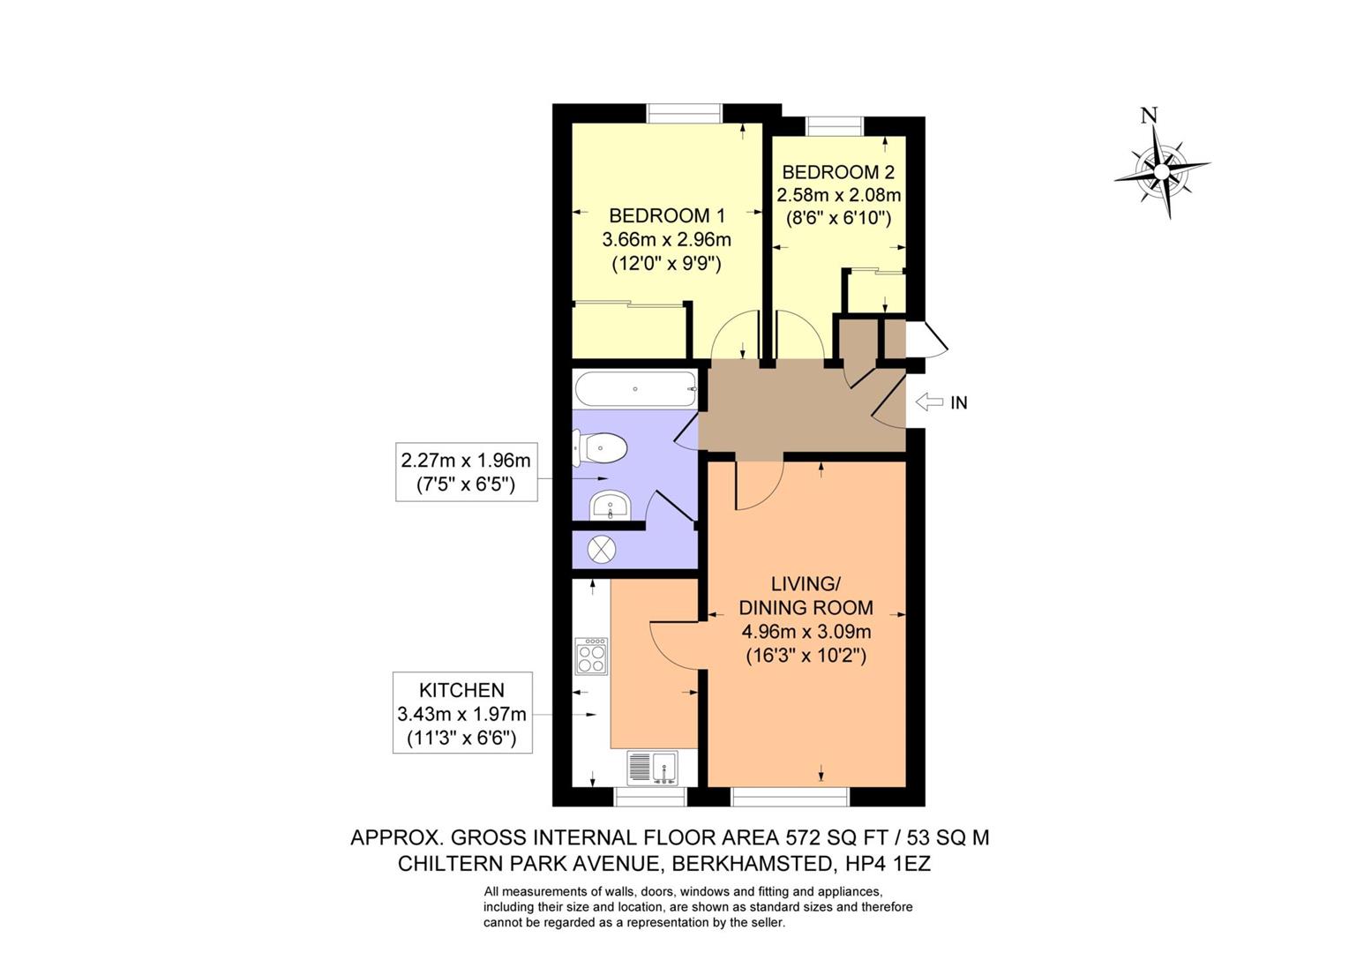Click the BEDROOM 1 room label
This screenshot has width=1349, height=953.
[667, 215]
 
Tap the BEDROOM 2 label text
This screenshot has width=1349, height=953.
[838, 172]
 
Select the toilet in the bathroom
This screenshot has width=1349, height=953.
[600, 447]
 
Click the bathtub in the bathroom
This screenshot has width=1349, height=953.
[636, 389]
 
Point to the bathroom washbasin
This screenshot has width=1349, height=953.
[611, 506]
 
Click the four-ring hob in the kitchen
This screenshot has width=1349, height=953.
[592, 656]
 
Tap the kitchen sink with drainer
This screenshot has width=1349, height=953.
[652, 768]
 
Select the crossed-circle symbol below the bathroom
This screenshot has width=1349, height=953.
[602, 550]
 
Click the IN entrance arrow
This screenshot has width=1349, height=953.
[929, 401]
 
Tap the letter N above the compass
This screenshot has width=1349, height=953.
[1149, 115]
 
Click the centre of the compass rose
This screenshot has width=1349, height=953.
[1162, 172]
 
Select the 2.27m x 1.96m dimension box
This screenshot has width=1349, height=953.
[466, 472]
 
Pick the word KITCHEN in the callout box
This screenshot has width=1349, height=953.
[462, 690]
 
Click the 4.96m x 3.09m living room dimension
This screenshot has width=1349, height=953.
[806, 632]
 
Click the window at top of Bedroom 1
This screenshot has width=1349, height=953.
[685, 113]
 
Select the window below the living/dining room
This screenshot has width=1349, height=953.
[791, 797]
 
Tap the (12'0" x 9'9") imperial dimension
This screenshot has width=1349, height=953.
[667, 264]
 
